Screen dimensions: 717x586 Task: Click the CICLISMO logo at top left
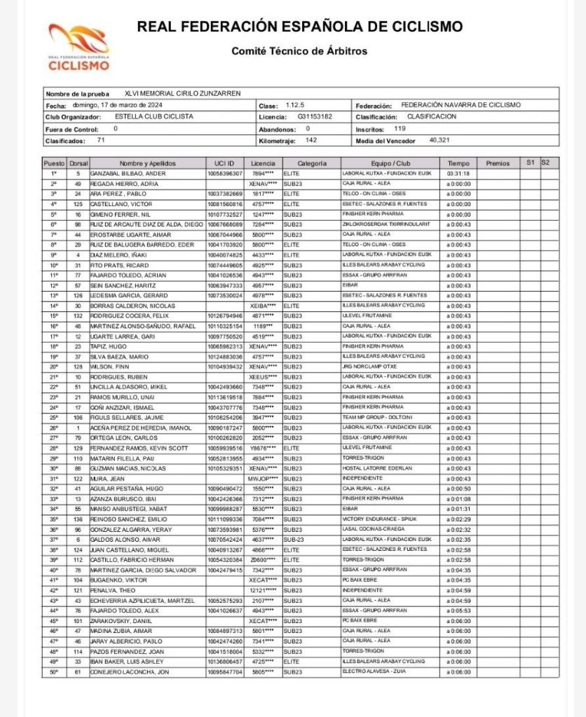click(x=79, y=48)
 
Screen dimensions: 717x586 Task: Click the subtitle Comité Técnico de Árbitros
click(x=299, y=51)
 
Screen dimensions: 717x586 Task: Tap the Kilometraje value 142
click(x=311, y=140)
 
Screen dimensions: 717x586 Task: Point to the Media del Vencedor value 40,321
click(x=440, y=140)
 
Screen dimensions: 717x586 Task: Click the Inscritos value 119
click(x=400, y=129)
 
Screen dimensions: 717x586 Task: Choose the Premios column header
click(x=497, y=163)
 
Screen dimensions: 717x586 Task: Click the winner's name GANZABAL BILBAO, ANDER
click(x=127, y=173)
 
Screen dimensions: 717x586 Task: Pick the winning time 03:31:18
click(x=458, y=173)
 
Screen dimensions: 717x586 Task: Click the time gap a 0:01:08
click(x=458, y=498)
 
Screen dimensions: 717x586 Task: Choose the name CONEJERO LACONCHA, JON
click(x=128, y=671)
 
